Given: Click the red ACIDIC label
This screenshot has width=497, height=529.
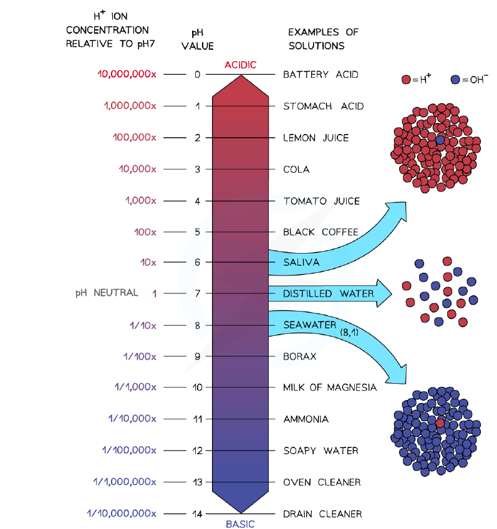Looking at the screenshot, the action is pyautogui.click(x=241, y=65).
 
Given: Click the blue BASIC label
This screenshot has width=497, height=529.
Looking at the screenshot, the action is pyautogui.click(x=240, y=524).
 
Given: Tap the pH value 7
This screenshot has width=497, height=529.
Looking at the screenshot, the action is pyautogui.click(x=198, y=293).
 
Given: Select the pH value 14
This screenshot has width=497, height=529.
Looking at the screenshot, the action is pyautogui.click(x=198, y=514).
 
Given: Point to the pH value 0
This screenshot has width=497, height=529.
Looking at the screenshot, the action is pyautogui.click(x=198, y=75).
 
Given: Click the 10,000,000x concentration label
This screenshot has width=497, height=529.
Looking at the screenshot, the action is pyautogui.click(x=127, y=74).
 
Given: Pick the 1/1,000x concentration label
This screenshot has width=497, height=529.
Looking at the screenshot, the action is pyautogui.click(x=135, y=387).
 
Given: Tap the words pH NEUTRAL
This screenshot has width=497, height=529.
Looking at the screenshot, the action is pyautogui.click(x=107, y=292).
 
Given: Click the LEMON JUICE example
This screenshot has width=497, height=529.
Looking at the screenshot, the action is pyautogui.click(x=316, y=138).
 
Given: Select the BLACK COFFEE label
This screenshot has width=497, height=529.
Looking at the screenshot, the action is pyautogui.click(x=321, y=232).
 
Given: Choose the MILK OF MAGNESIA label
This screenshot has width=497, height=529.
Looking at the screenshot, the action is pyautogui.click(x=330, y=388).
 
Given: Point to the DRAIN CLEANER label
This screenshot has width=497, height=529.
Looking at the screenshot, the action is pyautogui.click(x=322, y=514).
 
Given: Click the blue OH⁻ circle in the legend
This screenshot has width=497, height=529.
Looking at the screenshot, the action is pyautogui.click(x=455, y=80).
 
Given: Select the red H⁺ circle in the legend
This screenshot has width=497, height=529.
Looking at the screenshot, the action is pyautogui.click(x=406, y=80).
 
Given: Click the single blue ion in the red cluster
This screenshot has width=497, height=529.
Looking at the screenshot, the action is pyautogui.click(x=440, y=140).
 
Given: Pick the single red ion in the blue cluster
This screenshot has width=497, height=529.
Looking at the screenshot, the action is pyautogui.click(x=440, y=423).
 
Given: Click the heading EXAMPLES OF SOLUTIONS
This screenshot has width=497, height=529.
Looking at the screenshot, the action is pyautogui.click(x=323, y=39).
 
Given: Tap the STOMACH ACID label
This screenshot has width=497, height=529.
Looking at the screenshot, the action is pyautogui.click(x=324, y=107).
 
